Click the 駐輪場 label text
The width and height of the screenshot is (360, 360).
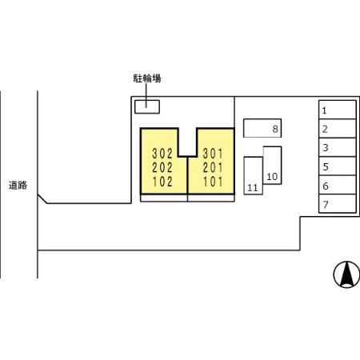147,78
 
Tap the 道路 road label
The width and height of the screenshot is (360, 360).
18,186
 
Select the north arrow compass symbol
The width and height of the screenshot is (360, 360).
346,274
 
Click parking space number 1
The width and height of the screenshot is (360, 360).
338,110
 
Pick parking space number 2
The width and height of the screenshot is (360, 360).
338,129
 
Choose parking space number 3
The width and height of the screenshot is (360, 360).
338,147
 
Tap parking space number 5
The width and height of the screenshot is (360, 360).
338,166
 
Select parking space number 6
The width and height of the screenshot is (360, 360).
338,185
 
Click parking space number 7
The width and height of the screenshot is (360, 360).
338,203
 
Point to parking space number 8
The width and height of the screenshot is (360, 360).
262,128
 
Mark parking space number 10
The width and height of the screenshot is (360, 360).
272,166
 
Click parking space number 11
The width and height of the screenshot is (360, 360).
253,176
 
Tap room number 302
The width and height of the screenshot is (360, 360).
162,154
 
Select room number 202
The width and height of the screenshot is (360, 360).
162,168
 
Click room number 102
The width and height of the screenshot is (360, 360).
162,182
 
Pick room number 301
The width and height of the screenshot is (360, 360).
213,154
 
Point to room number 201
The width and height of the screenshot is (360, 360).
213,168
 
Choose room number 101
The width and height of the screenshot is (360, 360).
213,182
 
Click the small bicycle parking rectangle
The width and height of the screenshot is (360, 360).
147,107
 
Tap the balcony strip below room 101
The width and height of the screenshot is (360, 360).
211,198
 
